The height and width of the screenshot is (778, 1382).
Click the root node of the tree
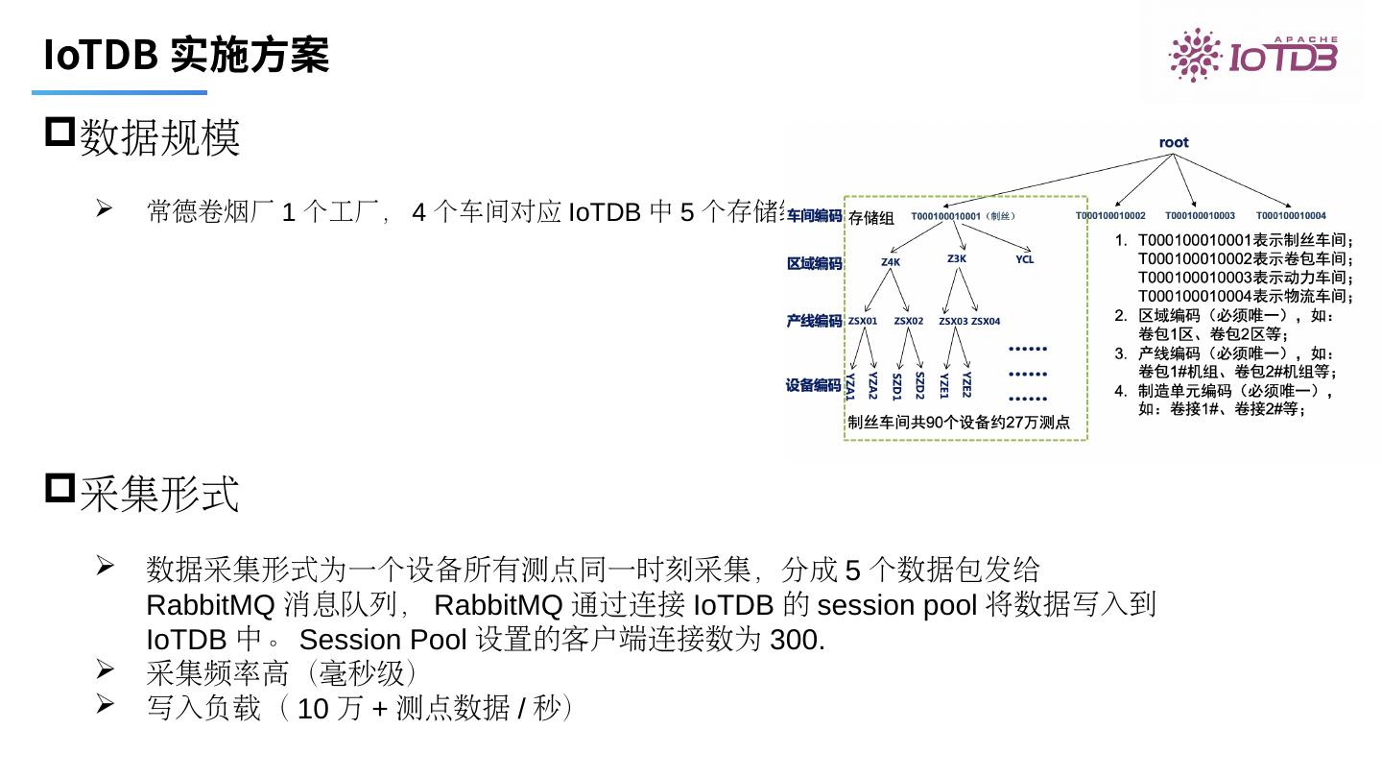[x=1173, y=142]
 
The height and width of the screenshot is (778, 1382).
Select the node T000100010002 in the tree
[x=1110, y=216]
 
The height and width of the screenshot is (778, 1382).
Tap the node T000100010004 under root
[x=1291, y=216]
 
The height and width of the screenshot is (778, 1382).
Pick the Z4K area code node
[x=891, y=261]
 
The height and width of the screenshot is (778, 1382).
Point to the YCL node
[x=1025, y=259]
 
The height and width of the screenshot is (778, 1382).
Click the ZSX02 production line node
[x=909, y=321]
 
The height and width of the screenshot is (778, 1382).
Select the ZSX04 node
[x=986, y=321]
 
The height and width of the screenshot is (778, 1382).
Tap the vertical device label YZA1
[x=850, y=386]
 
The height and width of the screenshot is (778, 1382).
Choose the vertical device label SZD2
[x=919, y=385]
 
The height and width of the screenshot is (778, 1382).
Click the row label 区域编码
[x=814, y=262]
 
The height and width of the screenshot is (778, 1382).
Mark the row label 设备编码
[x=814, y=385]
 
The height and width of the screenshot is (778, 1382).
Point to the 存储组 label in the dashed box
[x=871, y=218]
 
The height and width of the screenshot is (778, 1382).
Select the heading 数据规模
[x=159, y=137]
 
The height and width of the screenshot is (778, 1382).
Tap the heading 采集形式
[x=159, y=495]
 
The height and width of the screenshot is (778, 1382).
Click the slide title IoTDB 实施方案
[x=186, y=56]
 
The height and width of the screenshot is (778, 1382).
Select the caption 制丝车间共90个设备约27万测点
[x=959, y=423]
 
